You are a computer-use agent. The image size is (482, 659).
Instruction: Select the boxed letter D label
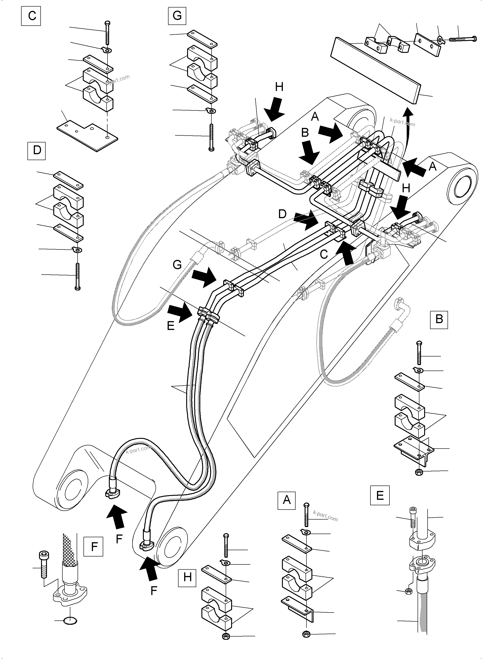pyautogui.click(x=37, y=151)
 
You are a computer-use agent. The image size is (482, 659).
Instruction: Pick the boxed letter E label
pyautogui.click(x=380, y=495)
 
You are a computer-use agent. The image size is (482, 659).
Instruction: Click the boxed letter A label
pyautogui.click(x=286, y=500)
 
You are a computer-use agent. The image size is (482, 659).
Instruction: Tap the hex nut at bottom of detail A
pyautogui.click(x=306, y=634)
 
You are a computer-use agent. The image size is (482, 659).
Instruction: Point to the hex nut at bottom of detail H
pyautogui.click(x=225, y=636)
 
